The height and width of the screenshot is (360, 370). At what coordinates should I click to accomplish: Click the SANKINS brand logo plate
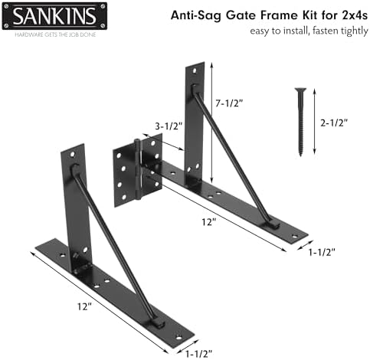click(54, 16)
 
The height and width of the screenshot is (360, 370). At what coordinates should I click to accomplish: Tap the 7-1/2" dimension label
click(229, 103)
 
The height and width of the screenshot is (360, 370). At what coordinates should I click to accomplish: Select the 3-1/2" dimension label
click(169, 126)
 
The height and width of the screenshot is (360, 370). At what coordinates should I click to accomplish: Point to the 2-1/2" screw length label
click(334, 123)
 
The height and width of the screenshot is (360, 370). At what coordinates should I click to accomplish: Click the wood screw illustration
click(300, 122)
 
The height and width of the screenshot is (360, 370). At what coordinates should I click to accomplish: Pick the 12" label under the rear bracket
click(209, 222)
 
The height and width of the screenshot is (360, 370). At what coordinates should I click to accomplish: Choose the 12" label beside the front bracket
click(84, 306)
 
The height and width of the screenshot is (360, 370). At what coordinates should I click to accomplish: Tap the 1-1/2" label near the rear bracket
click(322, 252)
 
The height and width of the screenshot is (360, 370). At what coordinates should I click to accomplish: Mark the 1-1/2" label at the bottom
click(198, 354)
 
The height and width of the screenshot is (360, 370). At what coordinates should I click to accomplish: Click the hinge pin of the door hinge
click(138, 169)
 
